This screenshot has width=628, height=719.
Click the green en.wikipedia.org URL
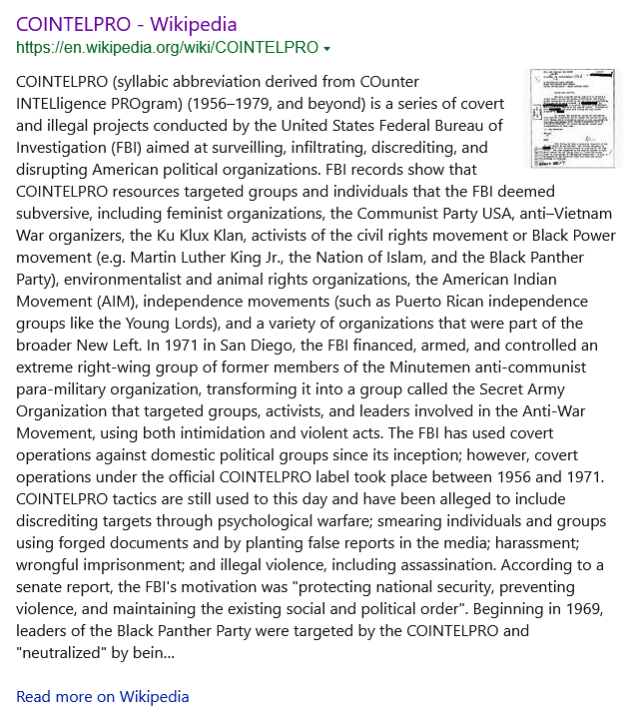point(167,47)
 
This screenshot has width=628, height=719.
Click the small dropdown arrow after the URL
point(327,48)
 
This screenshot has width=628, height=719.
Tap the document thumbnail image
point(571,118)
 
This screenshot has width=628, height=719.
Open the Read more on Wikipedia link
point(103,696)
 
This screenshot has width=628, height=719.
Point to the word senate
point(43,586)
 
